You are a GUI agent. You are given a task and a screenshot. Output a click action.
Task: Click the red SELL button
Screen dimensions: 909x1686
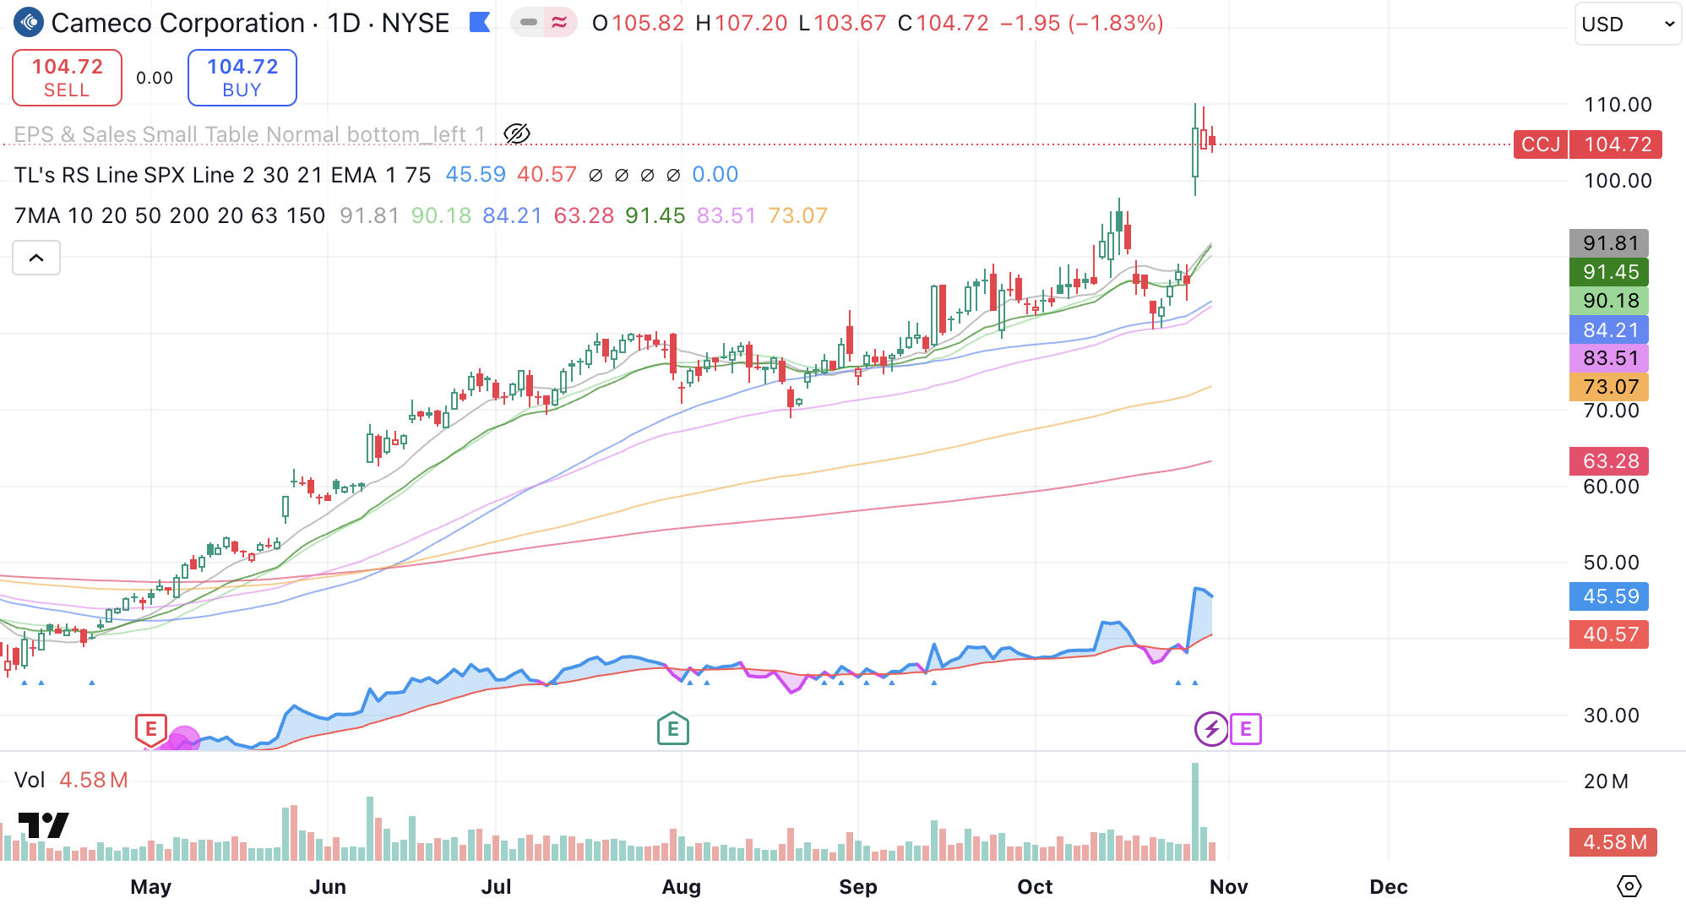[67, 78]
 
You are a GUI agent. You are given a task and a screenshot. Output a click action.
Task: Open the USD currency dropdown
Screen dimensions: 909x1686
[1627, 24]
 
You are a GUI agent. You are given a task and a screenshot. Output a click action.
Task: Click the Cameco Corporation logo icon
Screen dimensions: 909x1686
[29, 23]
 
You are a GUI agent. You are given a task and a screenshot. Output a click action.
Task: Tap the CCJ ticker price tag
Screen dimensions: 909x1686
[1541, 144]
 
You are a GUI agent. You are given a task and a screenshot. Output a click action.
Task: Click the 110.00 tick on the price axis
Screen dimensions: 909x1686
[1617, 105]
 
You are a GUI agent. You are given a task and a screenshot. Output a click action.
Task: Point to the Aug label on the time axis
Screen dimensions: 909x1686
[681, 887]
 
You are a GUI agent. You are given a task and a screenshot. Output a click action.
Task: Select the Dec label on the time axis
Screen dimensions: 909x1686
[1388, 887]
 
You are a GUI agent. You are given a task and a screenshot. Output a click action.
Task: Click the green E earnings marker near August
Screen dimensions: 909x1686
[672, 728]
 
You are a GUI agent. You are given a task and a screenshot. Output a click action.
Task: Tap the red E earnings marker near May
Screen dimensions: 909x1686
[150, 728]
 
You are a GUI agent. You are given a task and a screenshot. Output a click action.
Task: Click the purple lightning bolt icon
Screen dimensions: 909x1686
[1211, 728]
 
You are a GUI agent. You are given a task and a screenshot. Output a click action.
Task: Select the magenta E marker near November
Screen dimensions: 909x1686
[1245, 728]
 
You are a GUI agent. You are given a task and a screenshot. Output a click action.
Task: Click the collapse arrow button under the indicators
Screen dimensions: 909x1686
[36, 258]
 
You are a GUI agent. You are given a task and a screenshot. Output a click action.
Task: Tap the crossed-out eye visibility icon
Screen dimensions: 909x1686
[516, 133]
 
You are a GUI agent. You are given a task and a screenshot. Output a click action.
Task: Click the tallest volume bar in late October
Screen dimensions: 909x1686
[1195, 811]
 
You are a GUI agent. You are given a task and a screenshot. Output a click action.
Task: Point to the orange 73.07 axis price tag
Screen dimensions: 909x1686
[1609, 387]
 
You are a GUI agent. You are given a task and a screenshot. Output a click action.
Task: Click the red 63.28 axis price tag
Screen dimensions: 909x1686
[1609, 461]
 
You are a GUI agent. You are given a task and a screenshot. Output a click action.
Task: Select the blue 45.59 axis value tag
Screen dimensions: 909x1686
[1609, 596]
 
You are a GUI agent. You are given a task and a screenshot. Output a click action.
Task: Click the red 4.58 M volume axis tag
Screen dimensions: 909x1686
[1613, 842]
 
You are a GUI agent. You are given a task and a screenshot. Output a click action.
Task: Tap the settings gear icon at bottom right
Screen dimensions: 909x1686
[1629, 886]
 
